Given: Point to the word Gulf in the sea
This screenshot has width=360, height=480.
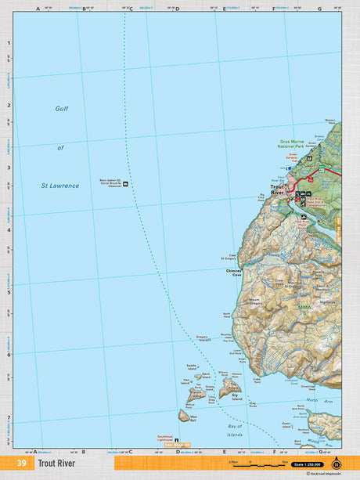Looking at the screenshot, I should [63, 109].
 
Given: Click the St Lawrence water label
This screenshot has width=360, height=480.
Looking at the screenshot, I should [60, 186].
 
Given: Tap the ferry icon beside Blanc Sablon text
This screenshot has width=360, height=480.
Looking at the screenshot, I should [125, 183].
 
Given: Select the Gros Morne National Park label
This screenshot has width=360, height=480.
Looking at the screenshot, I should [295, 146].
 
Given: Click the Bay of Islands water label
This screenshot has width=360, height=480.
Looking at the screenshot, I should [234, 430].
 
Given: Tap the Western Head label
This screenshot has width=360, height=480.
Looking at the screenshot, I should [330, 121].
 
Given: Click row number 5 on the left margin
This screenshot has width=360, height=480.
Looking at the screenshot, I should [9, 292].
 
